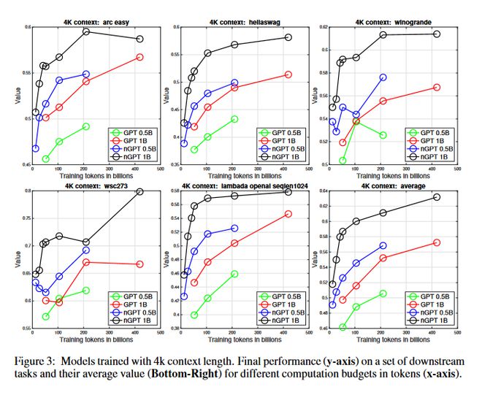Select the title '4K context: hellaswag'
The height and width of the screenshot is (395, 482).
coord(239,21)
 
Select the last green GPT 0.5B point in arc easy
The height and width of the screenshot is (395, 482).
coord(86,126)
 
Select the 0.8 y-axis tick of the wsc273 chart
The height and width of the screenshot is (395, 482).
coord(24,191)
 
